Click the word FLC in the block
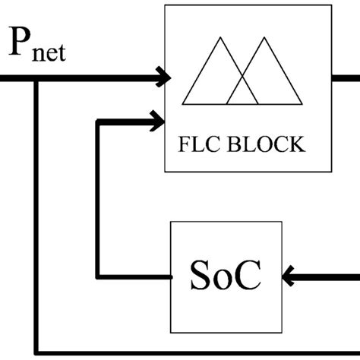(200, 144)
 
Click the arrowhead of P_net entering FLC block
(162, 76)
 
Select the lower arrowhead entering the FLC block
(159, 119)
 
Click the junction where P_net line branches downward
(36, 77)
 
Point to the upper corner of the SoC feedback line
(96, 120)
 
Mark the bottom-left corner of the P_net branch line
(36, 353)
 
